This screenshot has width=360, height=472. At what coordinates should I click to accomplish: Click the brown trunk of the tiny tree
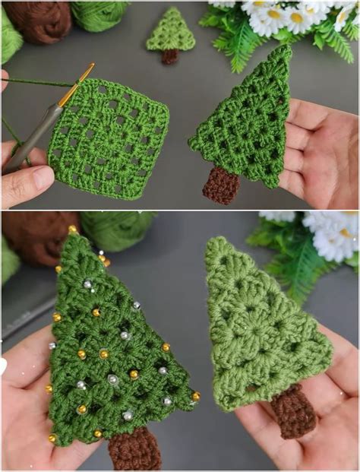pos(170,56)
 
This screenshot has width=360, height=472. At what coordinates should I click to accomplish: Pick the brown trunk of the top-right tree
pos(222,185)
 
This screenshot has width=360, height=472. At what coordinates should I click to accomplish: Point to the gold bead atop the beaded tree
pos(72,229)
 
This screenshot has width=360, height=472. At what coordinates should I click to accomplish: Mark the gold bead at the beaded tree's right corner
pos(195,396)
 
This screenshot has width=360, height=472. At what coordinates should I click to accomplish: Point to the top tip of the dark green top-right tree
pos(286,49)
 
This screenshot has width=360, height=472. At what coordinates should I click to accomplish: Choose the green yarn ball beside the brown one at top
pos(99,15)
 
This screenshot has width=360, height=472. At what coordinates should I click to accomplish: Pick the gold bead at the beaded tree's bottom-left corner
pos(53,439)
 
